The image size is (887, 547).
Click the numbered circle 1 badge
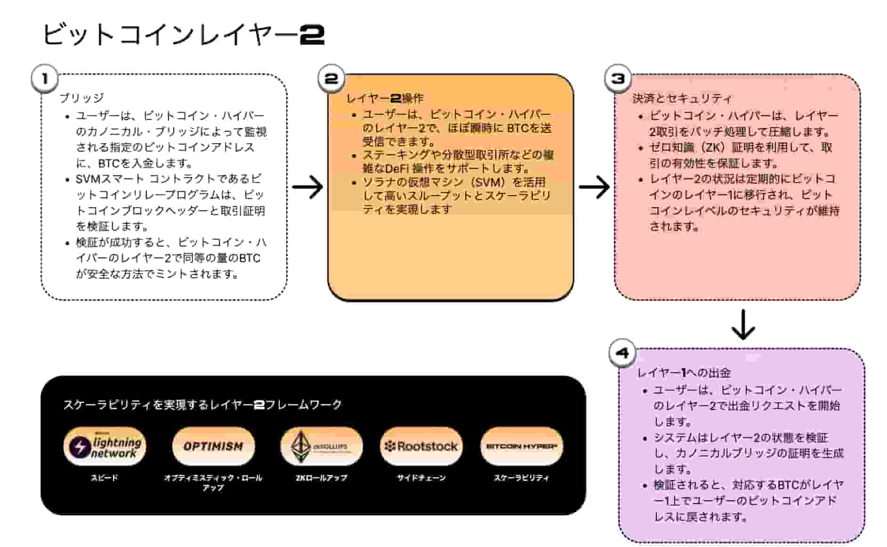click(45, 79)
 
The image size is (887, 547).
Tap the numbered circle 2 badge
click(331, 79)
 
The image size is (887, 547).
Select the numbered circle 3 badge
click(618, 79)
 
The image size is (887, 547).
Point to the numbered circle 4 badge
click(622, 353)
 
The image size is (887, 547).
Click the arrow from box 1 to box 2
click(307, 187)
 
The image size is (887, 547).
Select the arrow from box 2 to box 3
click(594, 187)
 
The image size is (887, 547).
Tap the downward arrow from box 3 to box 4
click(743, 324)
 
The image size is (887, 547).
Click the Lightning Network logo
click(105, 446)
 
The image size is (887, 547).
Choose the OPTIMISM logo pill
click(213, 446)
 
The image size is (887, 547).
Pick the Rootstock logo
click(421, 446)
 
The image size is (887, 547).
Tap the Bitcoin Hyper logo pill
click(521, 446)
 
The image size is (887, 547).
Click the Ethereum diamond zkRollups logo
click(321, 446)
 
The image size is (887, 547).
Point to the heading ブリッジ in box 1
click(81, 98)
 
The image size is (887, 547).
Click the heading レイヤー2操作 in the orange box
click(385, 98)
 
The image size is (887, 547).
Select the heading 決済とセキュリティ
click(682, 98)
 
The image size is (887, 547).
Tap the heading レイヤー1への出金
click(684, 373)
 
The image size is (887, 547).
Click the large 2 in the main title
click(312, 35)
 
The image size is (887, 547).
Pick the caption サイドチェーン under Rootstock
click(421, 478)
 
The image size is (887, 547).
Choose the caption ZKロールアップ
click(321, 478)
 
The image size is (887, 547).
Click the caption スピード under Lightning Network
click(105, 478)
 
